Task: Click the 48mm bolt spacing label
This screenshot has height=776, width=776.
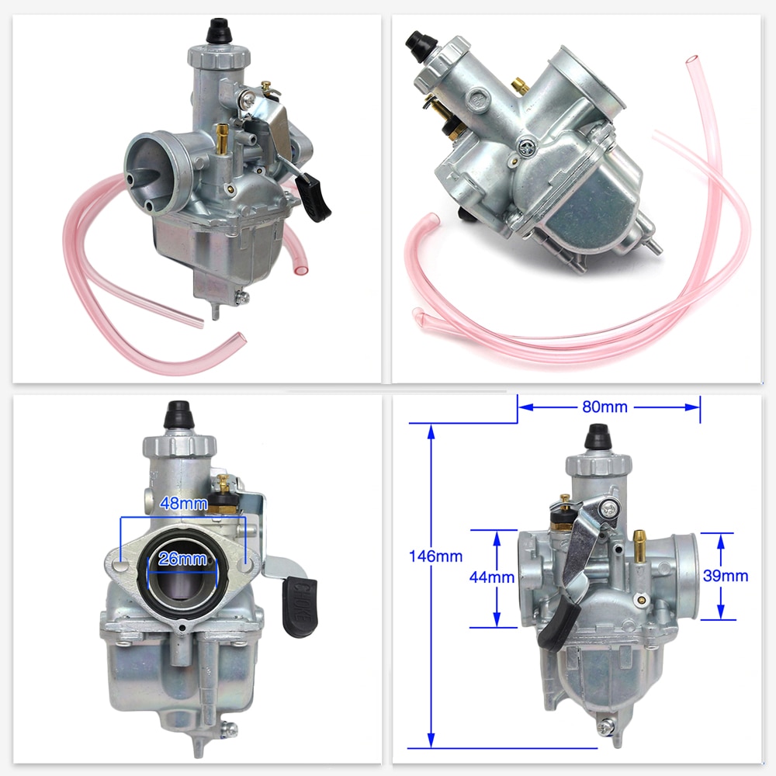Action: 183,503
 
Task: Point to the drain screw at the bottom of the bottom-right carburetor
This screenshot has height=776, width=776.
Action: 605,727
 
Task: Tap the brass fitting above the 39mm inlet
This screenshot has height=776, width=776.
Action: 639,543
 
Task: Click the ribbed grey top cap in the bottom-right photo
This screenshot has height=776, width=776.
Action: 595,465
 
